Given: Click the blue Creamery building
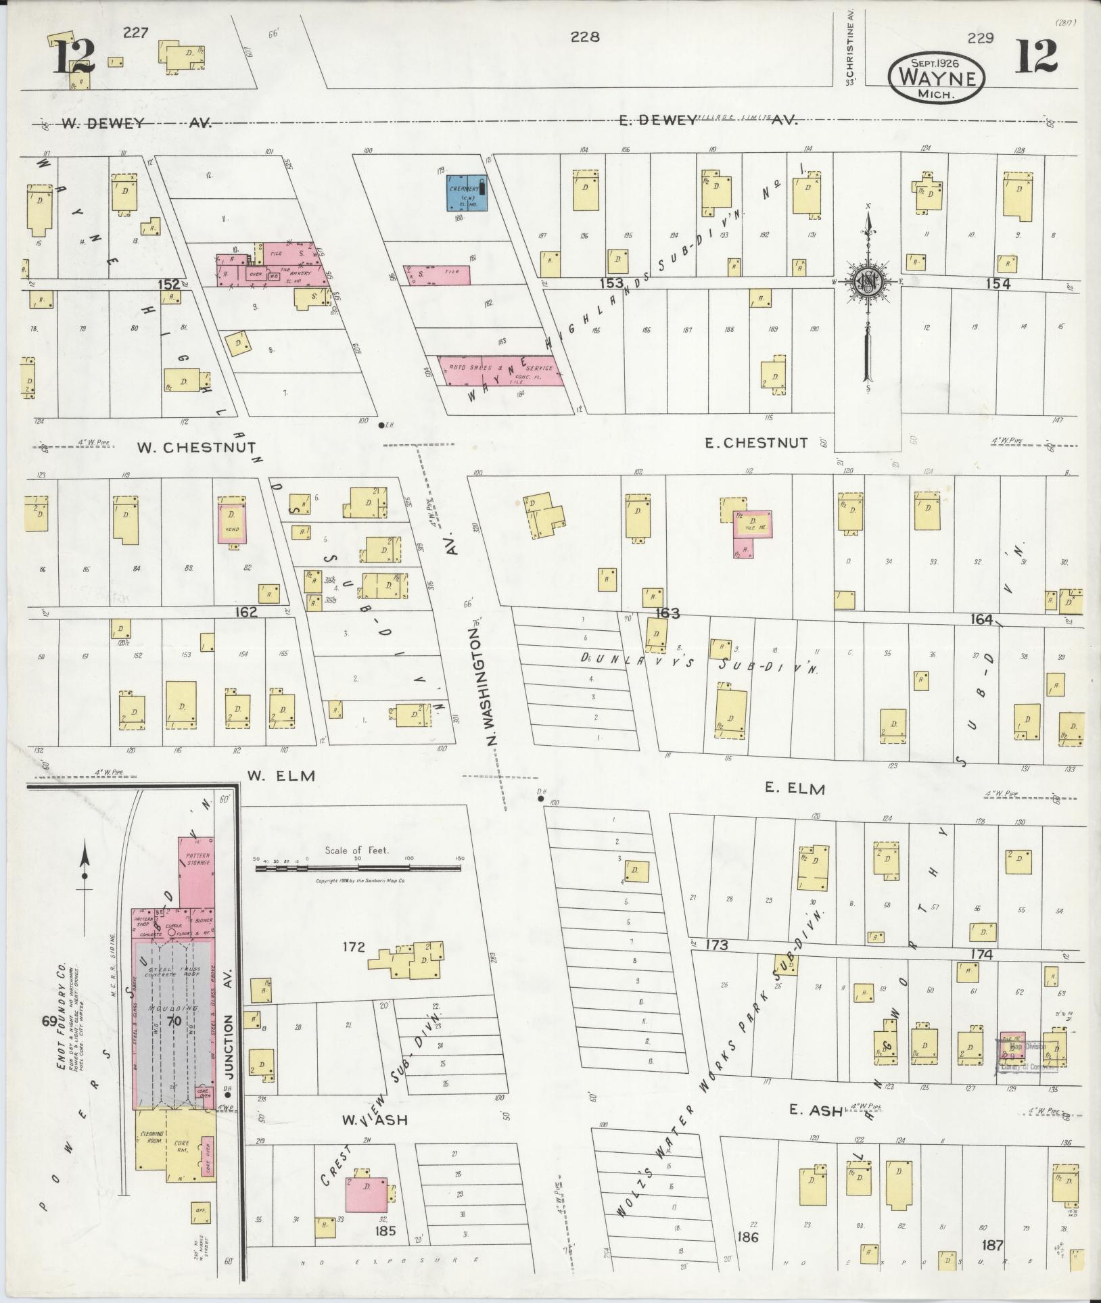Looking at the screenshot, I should [465, 193].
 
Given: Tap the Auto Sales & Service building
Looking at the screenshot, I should [501, 371].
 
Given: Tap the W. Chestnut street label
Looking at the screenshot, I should [196, 448].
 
